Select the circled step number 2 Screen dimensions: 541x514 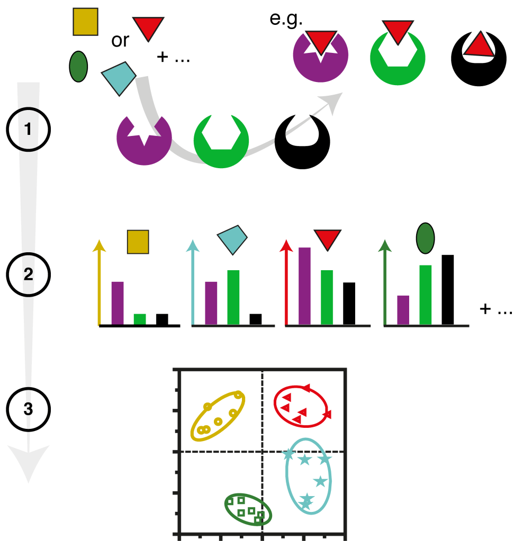[28, 274]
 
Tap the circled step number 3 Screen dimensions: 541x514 [28, 409]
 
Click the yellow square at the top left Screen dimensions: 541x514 [85, 22]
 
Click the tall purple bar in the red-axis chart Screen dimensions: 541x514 [304, 285]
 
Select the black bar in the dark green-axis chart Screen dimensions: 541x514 [448, 289]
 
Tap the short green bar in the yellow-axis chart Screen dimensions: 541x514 [140, 319]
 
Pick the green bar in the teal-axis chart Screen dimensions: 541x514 [233, 297]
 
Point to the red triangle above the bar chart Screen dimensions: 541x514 [328, 239]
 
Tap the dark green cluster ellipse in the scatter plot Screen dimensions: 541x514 [248, 510]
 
